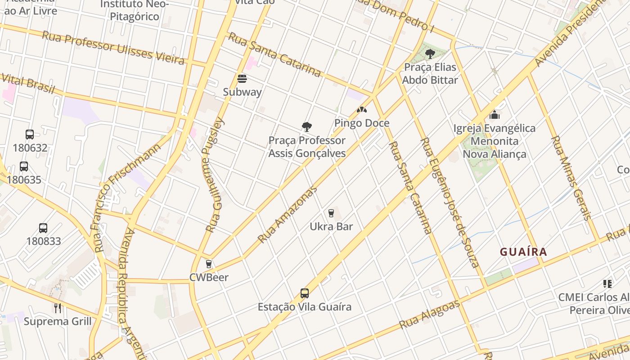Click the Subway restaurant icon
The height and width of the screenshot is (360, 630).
[242, 79]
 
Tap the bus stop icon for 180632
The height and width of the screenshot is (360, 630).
[30, 134]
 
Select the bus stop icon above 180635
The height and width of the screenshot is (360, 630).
[24, 166]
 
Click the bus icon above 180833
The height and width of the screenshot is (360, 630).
[43, 228]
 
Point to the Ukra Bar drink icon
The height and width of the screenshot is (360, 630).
[331, 213]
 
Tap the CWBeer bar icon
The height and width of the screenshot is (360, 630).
[208, 264]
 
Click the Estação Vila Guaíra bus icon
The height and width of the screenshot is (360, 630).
[305, 293]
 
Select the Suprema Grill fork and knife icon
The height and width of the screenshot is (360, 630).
[58, 308]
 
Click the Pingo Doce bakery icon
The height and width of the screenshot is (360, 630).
[361, 110]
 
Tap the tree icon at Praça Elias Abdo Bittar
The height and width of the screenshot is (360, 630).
[430, 54]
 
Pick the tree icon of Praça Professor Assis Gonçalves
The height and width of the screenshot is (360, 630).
[307, 127]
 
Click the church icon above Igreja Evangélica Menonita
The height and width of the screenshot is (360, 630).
[495, 115]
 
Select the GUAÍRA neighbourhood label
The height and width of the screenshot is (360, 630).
[523, 252]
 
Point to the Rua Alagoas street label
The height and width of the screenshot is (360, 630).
[430, 314]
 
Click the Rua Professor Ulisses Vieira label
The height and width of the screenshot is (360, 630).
[113, 48]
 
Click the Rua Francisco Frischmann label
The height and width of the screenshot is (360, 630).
[127, 198]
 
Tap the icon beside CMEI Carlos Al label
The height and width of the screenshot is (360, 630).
[607, 284]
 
